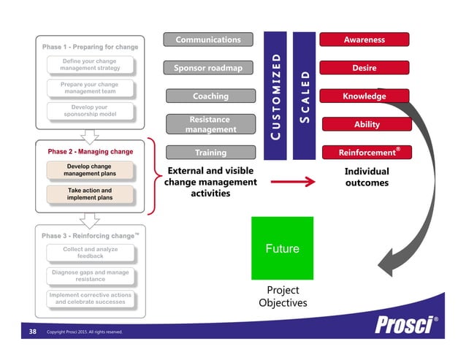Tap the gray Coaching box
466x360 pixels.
point(210,96)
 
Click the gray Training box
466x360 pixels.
point(210,153)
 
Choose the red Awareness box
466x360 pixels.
point(364,39)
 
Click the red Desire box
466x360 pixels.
point(364,68)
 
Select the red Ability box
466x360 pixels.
point(367,124)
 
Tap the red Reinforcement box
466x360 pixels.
point(365,153)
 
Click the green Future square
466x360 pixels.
point(282,248)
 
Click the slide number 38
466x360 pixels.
point(32,332)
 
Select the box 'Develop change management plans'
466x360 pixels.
point(90,170)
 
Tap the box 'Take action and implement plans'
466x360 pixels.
point(90,194)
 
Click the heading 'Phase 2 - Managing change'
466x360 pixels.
point(90,151)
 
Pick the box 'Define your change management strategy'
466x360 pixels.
point(90,64)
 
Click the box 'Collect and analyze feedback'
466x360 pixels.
point(90,252)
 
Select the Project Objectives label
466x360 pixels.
point(282,296)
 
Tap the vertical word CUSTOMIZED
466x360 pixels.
point(275,96)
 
